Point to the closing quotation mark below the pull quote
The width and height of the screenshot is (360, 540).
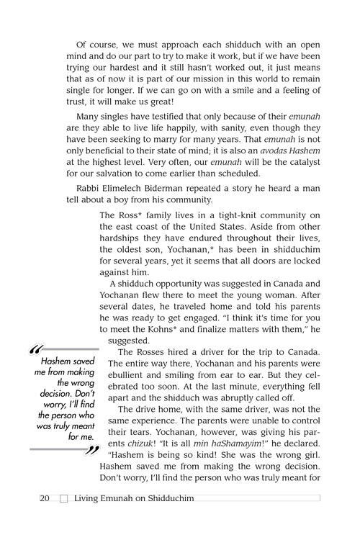(91, 451)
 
